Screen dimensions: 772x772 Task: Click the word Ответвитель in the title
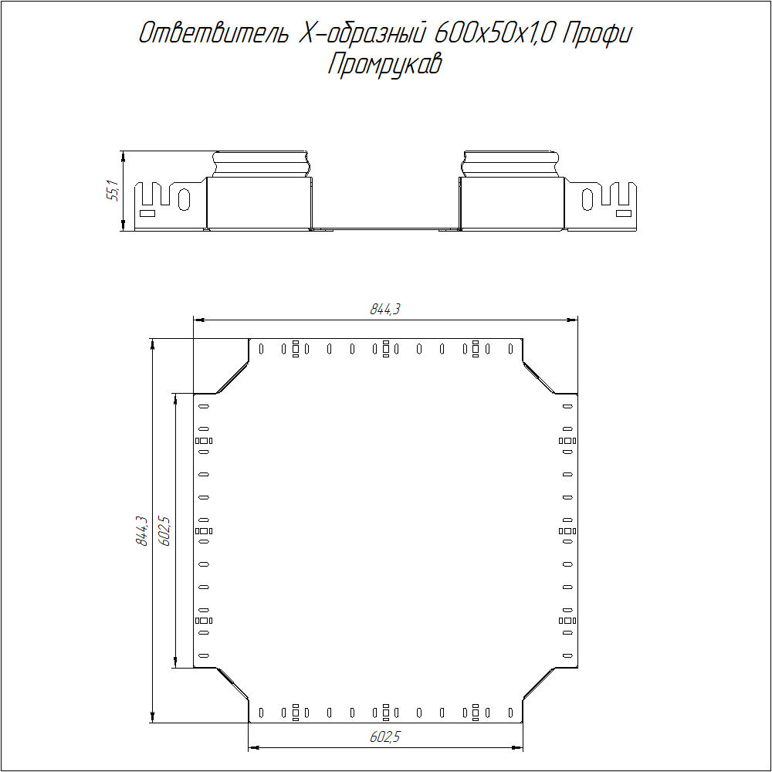pos(213,33)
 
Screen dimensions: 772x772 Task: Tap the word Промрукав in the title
pos(385,65)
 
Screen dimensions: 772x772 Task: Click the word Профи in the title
pos(598,34)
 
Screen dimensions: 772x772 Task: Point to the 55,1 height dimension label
pos(113,191)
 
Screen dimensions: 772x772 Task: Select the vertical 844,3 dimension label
pos(142,531)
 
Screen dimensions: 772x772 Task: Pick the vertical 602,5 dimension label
pos(164,531)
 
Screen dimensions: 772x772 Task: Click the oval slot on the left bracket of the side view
pos(185,199)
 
